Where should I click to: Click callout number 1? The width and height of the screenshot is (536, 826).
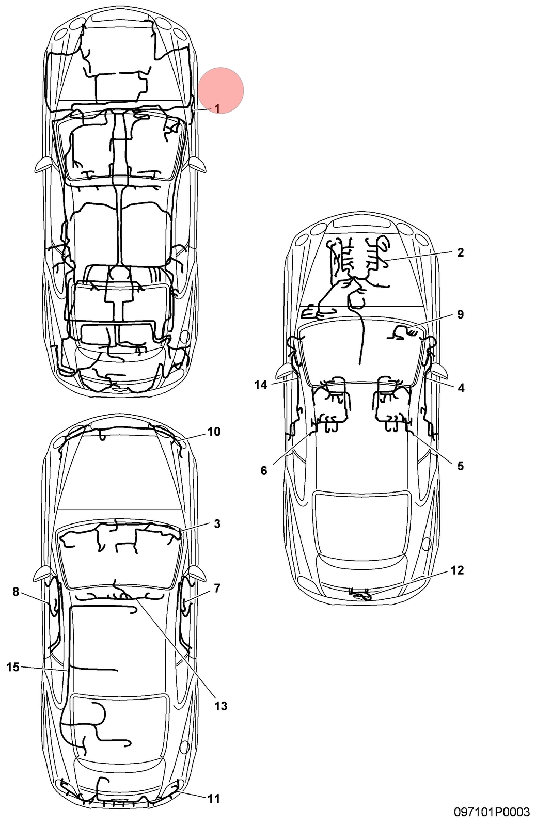[217, 108]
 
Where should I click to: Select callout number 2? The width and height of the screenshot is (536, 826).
[460, 252]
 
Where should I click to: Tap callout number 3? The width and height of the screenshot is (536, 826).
[217, 523]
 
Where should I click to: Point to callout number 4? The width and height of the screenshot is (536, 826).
[461, 388]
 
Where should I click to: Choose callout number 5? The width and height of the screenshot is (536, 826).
[460, 466]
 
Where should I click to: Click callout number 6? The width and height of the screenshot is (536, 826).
[263, 470]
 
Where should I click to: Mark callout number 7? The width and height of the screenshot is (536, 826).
[217, 588]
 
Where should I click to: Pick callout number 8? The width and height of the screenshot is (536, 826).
[15, 591]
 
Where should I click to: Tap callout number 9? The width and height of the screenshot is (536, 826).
[460, 314]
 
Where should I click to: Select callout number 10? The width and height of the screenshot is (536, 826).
[214, 431]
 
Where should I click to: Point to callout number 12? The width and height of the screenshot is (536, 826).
[457, 570]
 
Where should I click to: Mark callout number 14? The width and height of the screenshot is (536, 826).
[260, 385]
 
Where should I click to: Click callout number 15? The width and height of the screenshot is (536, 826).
[12, 666]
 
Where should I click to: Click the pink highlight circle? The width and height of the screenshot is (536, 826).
[220, 90]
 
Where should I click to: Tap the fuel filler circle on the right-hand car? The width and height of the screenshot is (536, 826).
[427, 544]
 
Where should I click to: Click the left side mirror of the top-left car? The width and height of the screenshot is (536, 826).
[43, 164]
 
